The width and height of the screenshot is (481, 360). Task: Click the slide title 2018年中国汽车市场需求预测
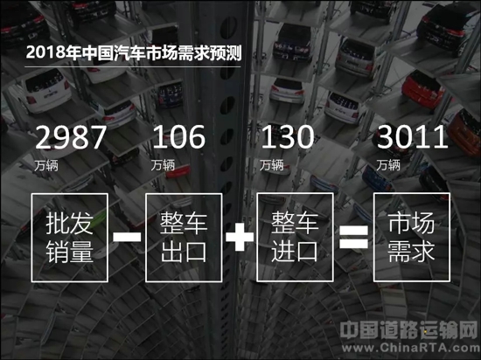[134, 52]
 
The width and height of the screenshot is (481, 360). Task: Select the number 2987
[71, 137]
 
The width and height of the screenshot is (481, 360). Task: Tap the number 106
[178, 137]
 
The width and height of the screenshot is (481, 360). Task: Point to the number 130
[288, 137]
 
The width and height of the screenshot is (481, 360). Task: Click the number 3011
[412, 137]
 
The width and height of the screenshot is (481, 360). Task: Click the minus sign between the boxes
[127, 237]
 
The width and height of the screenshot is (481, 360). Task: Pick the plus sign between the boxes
[240, 237]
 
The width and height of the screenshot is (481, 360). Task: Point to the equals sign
[353, 237]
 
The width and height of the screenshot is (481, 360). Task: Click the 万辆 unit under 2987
[46, 165]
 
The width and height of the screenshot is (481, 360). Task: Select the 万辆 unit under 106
[163, 165]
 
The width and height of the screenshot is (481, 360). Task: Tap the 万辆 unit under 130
[271, 165]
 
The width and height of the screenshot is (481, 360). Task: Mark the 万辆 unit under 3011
[388, 165]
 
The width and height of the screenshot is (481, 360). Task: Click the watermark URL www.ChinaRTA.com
[411, 348]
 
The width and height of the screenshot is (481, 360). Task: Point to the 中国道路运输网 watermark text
[409, 329]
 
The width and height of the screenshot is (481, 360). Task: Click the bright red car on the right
[422, 89]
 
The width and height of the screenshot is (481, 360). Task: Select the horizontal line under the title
[133, 66]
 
